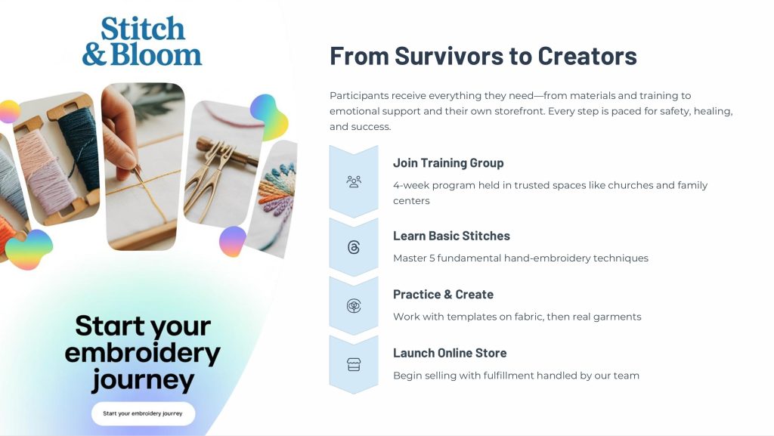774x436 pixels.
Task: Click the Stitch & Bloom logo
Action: click(x=142, y=42)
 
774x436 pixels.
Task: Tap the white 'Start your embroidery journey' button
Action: click(x=143, y=413)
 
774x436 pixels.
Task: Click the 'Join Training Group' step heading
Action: click(x=448, y=163)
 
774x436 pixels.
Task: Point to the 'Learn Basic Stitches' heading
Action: click(x=451, y=236)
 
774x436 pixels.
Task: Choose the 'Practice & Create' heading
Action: click(x=443, y=295)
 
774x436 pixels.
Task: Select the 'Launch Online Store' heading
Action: click(x=450, y=353)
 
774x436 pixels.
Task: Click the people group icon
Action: click(x=354, y=181)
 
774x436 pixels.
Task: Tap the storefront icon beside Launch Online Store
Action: click(x=354, y=364)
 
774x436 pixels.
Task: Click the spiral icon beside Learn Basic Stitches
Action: click(x=354, y=247)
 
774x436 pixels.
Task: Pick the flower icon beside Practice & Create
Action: click(x=354, y=306)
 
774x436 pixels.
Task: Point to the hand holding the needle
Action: click(x=120, y=133)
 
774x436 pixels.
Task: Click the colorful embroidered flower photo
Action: click(x=274, y=197)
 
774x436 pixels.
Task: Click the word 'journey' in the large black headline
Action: click(x=143, y=380)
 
